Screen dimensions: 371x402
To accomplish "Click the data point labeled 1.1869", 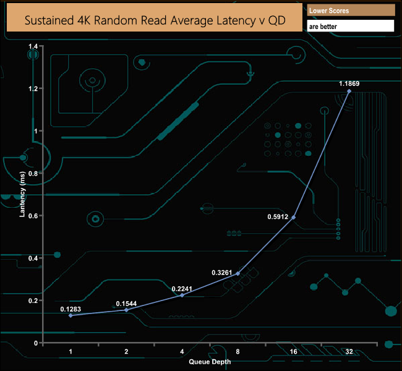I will (349, 91).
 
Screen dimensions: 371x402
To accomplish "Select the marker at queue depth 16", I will (293, 217).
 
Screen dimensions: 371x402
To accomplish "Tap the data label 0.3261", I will (222, 272).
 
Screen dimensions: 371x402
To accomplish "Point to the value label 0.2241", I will (182, 288).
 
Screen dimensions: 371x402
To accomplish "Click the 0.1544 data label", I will (126, 304).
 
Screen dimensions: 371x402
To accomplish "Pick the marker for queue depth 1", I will (71, 315).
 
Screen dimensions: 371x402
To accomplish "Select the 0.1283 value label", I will (71, 309).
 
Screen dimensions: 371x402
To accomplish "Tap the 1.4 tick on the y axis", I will (33, 46).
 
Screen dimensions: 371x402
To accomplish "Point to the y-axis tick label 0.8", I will (33, 173).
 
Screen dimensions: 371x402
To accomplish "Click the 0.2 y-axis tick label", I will (33, 301).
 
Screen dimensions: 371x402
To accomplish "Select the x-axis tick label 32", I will (349, 351).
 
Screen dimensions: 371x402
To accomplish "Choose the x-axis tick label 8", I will (237, 351).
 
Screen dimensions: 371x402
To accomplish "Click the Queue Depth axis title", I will (209, 361).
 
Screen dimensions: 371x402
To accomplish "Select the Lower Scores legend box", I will (351, 11).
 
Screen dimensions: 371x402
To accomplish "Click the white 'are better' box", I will (351, 27).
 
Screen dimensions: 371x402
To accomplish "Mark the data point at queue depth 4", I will (182, 295).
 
